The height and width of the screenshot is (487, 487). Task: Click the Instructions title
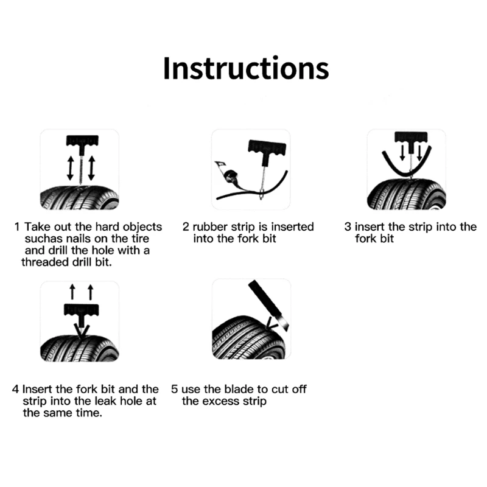246,68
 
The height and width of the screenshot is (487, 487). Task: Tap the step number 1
17,226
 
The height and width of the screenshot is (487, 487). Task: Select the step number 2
186,226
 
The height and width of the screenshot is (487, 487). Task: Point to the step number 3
348,226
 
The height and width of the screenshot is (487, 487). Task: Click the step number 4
16,389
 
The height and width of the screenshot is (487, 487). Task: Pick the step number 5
174,389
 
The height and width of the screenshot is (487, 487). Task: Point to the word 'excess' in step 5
220,401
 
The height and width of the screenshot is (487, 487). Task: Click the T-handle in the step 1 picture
82,142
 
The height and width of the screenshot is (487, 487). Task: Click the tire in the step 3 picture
406,194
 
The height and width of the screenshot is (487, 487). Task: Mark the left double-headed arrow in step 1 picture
71,168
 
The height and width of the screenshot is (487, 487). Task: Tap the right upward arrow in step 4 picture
90,292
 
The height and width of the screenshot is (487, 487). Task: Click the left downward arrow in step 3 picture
402,153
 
